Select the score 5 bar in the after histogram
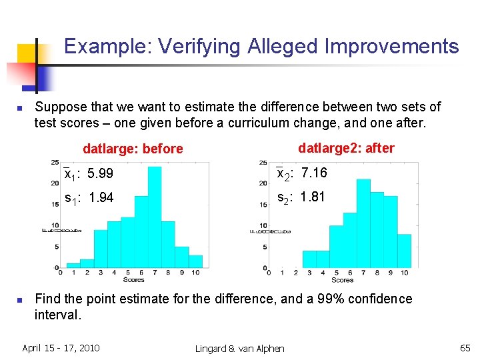(337, 246)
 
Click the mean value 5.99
(100, 174)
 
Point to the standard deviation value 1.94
(100, 197)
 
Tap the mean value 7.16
(314, 173)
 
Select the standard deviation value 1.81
(313, 197)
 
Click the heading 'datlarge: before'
(132, 149)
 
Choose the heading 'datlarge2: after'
(346, 148)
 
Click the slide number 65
(465, 348)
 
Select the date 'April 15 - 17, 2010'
(61, 348)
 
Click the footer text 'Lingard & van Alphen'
(240, 349)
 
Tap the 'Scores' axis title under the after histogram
(342, 280)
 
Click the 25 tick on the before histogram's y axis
(54, 163)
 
